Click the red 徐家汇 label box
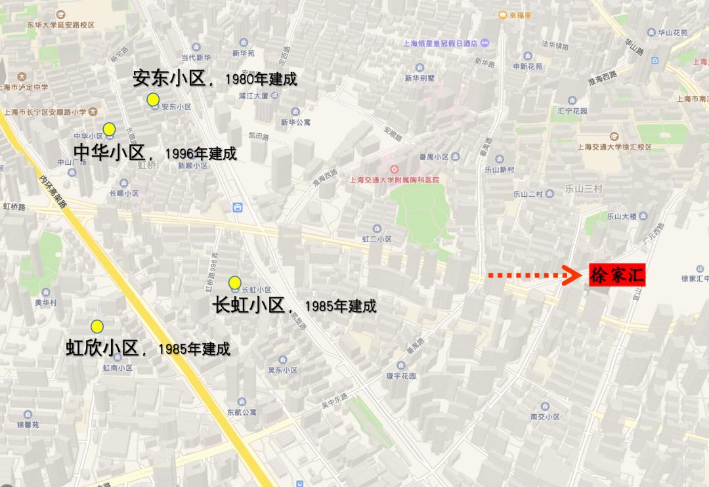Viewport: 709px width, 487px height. [616, 276]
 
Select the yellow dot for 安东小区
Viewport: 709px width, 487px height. [153, 99]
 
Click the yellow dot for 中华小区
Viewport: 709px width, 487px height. [110, 129]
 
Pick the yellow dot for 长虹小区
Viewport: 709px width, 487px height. [234, 282]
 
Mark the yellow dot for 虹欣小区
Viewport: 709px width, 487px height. [97, 326]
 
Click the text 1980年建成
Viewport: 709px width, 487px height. [261, 79]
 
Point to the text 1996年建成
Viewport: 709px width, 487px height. [201, 154]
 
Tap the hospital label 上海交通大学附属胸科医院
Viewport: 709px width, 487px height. [395, 180]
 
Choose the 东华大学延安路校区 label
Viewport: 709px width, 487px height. [60, 25]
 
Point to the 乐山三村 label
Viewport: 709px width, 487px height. [584, 189]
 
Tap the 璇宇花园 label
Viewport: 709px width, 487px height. [401, 376]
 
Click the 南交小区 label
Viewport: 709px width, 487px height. [545, 417]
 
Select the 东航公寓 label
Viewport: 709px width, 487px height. [242, 412]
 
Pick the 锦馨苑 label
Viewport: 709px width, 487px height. [28, 425]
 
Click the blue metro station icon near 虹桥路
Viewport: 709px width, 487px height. [238, 207]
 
